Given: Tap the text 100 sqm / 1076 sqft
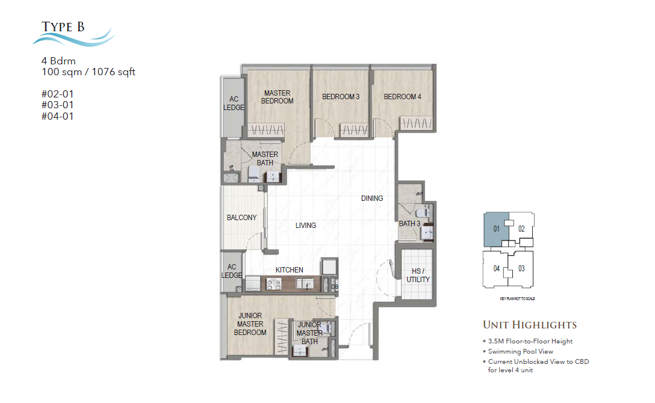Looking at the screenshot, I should tap(88, 72).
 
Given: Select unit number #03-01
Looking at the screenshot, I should tap(57, 105).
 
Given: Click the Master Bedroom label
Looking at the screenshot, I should tap(277, 97).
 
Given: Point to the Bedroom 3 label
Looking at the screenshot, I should tap(341, 97).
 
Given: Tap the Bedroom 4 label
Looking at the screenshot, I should tap(402, 97).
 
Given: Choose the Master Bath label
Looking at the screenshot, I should tap(265, 158).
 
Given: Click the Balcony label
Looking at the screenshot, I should tap(241, 218).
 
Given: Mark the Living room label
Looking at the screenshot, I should tap(306, 226).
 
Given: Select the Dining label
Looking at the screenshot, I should tap(372, 198).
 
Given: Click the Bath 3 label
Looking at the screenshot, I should tap(409, 224).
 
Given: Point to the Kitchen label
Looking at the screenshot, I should tap(290, 270).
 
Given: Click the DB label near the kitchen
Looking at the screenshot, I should tap(334, 287).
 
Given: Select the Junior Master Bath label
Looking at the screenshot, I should tap(309, 333).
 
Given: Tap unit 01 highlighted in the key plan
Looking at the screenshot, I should tap(497, 229).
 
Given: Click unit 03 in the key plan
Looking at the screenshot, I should tap(521, 268).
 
